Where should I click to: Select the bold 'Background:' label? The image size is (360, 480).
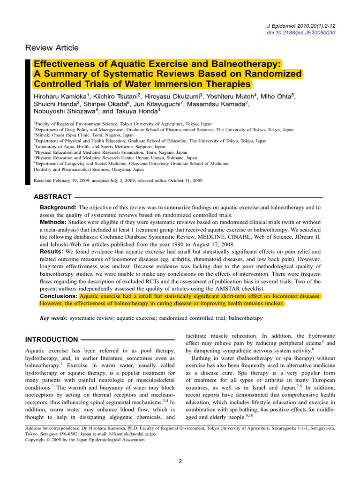58,207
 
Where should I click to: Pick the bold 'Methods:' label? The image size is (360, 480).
53,222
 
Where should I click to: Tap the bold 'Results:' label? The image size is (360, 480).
52,252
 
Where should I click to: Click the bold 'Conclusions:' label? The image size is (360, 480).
59,297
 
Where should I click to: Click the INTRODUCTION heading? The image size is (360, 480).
52,339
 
